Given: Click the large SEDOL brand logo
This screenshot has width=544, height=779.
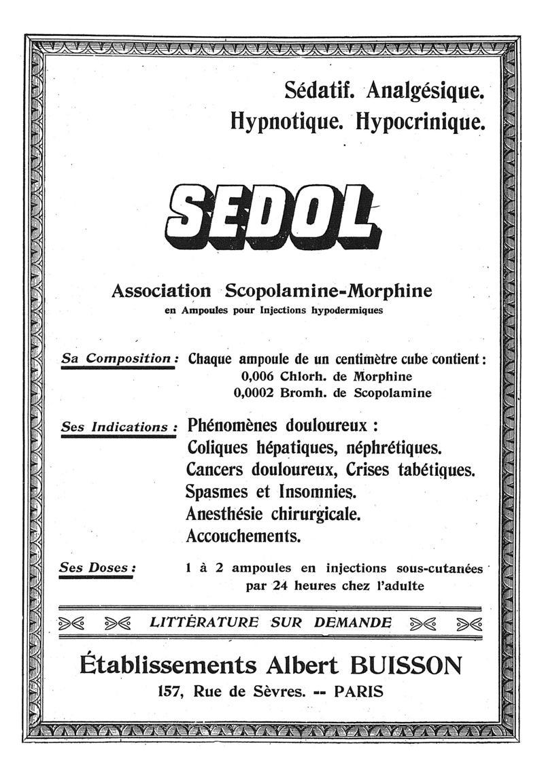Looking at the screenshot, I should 272,214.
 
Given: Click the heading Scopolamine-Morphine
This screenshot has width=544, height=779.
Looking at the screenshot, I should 328,291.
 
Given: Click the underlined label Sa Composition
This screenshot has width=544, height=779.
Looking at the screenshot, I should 119,358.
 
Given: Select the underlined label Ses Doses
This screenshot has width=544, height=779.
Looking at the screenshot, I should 97,566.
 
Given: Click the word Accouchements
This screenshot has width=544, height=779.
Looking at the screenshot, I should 243,536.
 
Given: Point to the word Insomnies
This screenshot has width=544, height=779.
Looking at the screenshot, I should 318,491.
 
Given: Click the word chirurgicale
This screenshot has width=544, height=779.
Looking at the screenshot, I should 321,513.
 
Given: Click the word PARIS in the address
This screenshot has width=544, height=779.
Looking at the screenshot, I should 359,693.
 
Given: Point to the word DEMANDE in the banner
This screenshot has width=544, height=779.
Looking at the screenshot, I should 353,622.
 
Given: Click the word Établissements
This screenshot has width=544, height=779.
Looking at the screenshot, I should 168,663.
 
